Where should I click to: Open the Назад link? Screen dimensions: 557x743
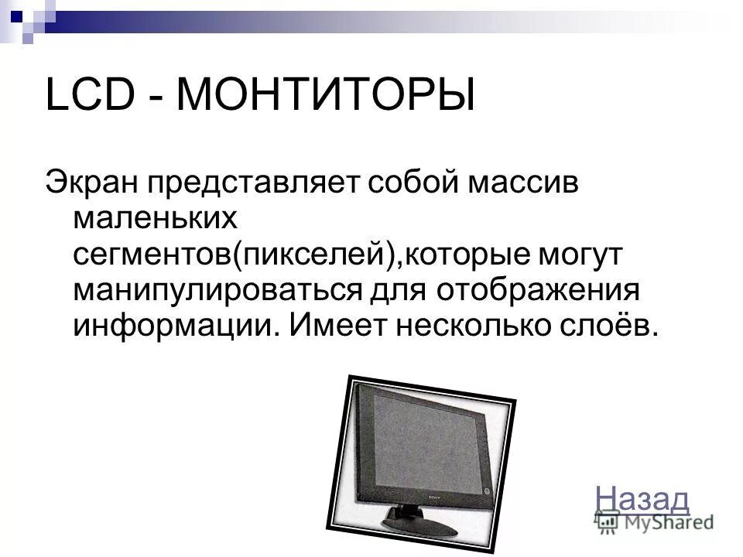click(x=643, y=498)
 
